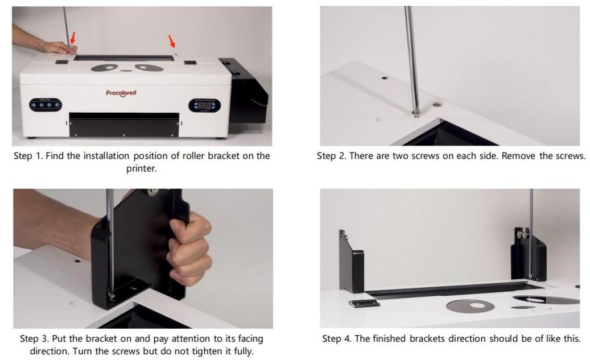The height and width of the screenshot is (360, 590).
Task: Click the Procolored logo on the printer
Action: coord(121,93)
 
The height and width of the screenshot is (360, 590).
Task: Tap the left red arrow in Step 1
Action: coord(73,38)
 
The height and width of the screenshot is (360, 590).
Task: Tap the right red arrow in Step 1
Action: coord(172,41)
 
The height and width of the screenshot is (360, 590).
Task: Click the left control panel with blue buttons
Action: coord(45,105)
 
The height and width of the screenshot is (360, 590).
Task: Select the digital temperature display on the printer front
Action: coord(204,105)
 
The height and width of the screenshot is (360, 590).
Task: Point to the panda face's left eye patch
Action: coord(105,68)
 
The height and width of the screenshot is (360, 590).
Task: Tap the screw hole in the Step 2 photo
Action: coord(384,78)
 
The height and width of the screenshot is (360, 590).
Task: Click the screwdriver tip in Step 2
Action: coord(416,112)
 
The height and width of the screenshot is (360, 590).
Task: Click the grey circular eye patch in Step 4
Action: coord(470,305)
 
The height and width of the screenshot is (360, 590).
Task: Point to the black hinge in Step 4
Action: coord(364,304)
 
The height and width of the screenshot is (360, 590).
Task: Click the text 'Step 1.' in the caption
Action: coord(28,156)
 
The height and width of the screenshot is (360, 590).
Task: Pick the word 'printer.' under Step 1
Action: coord(142,168)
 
